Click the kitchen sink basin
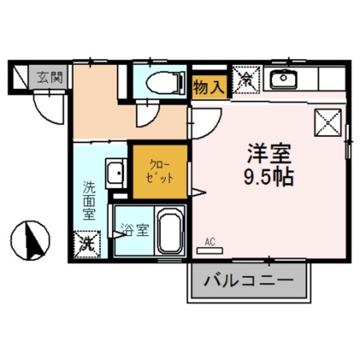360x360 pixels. [282, 79]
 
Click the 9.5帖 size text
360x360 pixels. [268, 178]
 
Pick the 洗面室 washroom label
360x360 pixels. [89, 200]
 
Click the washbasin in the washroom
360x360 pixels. [115, 173]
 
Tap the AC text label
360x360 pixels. [210, 242]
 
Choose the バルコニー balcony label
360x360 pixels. [249, 280]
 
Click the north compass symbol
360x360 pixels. [31, 239]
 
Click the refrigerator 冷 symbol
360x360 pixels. [246, 79]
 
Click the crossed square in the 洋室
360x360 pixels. [327, 121]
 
